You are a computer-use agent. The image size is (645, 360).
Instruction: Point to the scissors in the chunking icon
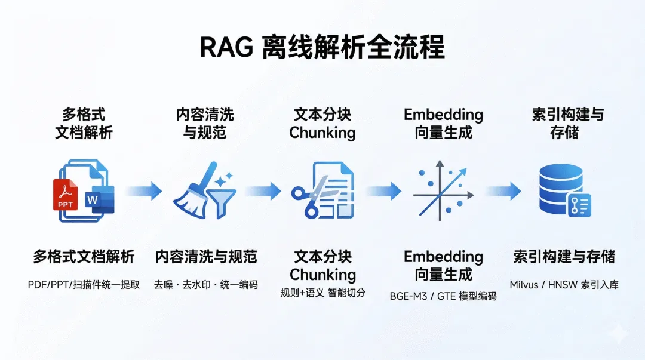tap(308, 194)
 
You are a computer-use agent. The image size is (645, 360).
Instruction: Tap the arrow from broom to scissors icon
tap(263, 191)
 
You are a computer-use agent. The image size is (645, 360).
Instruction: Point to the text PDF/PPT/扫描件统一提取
tap(84, 285)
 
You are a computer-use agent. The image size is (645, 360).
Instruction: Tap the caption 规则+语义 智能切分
tap(322, 293)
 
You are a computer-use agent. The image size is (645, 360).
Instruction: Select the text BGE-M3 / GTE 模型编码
tap(443, 296)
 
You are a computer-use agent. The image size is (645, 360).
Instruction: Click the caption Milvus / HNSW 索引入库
tap(564, 285)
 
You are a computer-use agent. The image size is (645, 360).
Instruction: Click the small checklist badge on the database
tap(579, 205)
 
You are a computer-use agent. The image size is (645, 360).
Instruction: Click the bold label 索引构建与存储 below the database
tap(564, 257)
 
